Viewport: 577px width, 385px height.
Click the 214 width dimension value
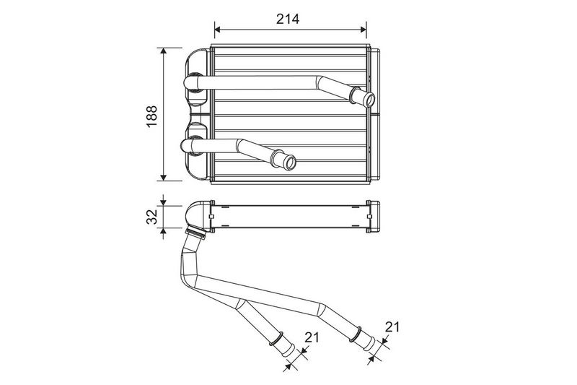(x=288, y=19)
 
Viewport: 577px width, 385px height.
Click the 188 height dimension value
(x=151, y=116)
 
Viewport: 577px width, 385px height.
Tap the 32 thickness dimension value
(x=151, y=217)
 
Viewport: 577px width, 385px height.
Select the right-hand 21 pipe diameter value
(x=392, y=326)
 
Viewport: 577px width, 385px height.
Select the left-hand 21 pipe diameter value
(x=312, y=337)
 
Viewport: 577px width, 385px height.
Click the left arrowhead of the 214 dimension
(x=217, y=30)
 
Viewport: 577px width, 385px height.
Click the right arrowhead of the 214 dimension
(x=364, y=30)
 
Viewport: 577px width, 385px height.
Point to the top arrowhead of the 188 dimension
(x=164, y=51)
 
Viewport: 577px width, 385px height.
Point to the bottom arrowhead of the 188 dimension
(x=164, y=178)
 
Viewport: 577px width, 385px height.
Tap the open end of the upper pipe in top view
(x=369, y=100)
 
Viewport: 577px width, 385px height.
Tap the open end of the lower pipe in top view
(x=290, y=163)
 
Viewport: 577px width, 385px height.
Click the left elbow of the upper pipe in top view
(x=192, y=82)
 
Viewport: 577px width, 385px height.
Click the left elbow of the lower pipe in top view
(x=189, y=145)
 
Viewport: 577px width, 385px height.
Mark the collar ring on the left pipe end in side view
(x=276, y=339)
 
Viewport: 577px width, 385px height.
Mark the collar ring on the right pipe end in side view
(x=356, y=334)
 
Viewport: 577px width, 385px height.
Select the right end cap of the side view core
(x=373, y=217)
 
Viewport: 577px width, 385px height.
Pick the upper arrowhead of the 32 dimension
(x=164, y=203)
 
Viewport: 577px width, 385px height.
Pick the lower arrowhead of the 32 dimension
(x=164, y=231)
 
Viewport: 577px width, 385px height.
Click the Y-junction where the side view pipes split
(x=241, y=303)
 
